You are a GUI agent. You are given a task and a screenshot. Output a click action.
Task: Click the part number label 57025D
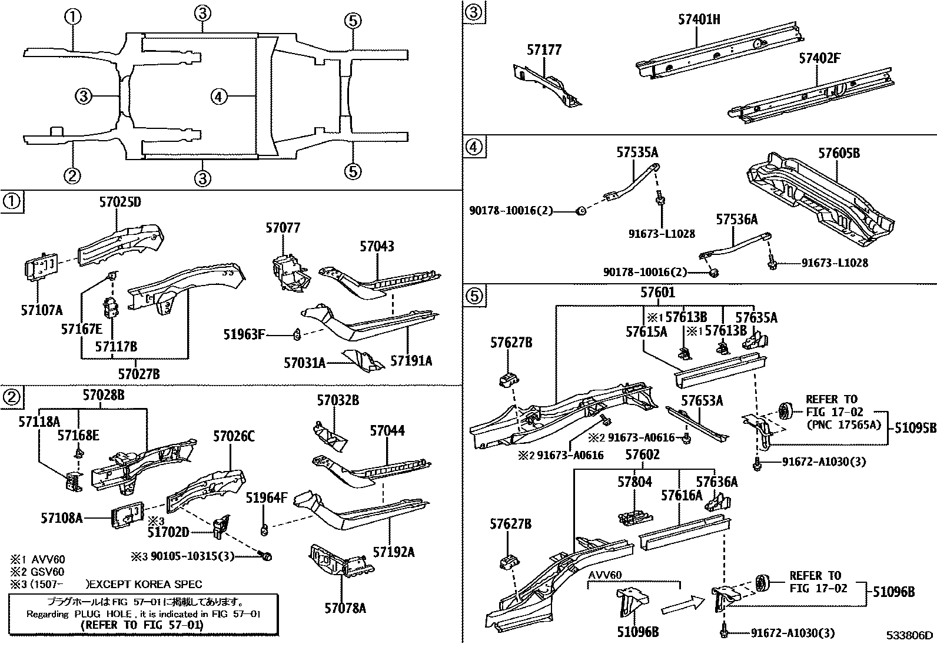pyautogui.click(x=120, y=203)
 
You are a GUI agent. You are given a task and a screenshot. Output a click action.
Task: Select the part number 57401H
pyautogui.click(x=699, y=19)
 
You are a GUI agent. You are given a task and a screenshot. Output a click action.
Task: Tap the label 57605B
pyautogui.click(x=839, y=153)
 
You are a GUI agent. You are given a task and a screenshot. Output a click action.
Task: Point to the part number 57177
pyautogui.click(x=544, y=51)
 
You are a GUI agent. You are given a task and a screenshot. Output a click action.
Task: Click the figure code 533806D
pyautogui.click(x=910, y=635)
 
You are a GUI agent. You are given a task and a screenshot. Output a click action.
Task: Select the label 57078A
pyautogui.click(x=345, y=608)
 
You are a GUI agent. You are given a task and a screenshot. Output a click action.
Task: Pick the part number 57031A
pyautogui.click(x=304, y=363)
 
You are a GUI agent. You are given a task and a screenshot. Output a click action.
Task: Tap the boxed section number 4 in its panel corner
pyautogui.click(x=475, y=146)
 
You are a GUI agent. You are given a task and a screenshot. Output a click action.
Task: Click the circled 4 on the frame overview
pyautogui.click(x=218, y=97)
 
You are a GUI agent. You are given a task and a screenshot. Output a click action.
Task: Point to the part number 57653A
pyautogui.click(x=702, y=401)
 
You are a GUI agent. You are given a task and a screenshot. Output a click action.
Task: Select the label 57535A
pyautogui.click(x=637, y=153)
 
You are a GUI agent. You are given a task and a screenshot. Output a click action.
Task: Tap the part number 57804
pyautogui.click(x=634, y=482)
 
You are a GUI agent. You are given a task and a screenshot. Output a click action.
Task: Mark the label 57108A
pyautogui.click(x=62, y=518)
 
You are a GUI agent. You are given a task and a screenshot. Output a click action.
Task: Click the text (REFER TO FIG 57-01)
pyautogui.click(x=141, y=625)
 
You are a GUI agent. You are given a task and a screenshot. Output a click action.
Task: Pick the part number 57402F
pyautogui.click(x=819, y=58)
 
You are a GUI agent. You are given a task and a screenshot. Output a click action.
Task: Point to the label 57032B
pyautogui.click(x=338, y=401)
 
